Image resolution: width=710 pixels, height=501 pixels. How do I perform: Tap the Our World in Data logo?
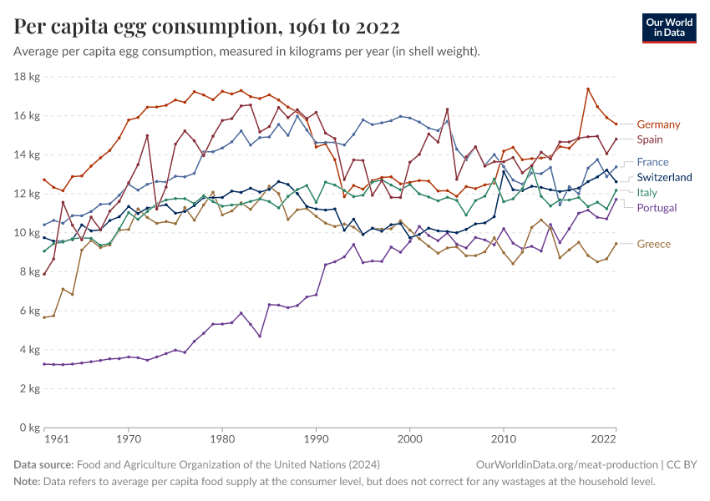pos(668,27)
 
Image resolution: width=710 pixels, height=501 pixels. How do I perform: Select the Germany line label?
pos(658,124)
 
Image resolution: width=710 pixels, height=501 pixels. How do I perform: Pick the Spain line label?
pos(651,139)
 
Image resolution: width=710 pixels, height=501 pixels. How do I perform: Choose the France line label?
pos(652,162)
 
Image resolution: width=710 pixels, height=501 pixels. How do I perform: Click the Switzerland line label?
pos(664,178)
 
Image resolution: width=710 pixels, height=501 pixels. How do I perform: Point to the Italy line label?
pos(647,193)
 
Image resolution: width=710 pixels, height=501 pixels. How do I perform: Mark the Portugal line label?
pos(657,208)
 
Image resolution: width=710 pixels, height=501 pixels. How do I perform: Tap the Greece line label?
pos(653,244)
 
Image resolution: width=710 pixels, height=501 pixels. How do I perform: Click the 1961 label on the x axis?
pos(56,439)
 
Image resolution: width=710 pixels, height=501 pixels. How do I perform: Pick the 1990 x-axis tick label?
pos(315,439)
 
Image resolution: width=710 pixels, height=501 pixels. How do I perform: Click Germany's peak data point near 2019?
pos(588,89)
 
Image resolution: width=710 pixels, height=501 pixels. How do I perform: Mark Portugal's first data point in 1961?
pos(44,364)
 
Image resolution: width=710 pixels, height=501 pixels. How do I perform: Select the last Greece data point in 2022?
pos(616,244)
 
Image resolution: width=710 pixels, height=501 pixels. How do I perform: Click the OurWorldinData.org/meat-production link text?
pos(565,464)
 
